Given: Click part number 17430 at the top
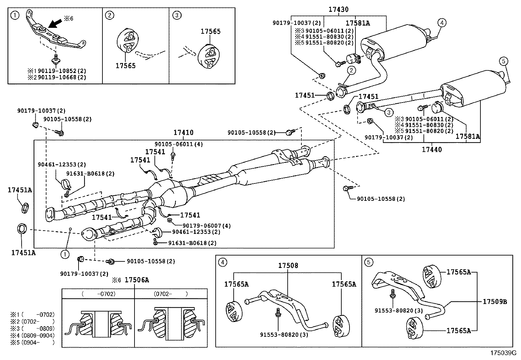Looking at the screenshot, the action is click(x=338, y=9).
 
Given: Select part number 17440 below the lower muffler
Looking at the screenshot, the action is click(x=432, y=149).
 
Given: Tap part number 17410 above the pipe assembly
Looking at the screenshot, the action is click(x=184, y=132).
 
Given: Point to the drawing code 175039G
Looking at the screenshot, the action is click(x=503, y=353).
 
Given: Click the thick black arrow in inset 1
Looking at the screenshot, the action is click(x=55, y=24).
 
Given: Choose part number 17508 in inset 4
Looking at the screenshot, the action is click(x=288, y=265).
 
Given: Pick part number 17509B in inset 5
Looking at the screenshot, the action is click(x=495, y=302).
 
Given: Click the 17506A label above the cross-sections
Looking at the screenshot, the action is click(x=137, y=280).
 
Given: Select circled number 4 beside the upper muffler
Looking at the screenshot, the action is click(x=442, y=23).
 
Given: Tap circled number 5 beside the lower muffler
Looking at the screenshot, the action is click(x=504, y=61).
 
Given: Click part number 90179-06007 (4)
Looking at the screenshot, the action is click(x=207, y=226).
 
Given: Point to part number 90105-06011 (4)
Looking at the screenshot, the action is click(x=179, y=144).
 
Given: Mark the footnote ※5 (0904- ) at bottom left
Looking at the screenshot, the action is click(x=32, y=343).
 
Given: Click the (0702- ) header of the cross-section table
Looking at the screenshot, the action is click(x=171, y=294).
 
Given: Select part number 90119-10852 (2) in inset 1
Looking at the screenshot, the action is click(x=62, y=71).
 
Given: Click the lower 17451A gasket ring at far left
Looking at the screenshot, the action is click(x=22, y=229).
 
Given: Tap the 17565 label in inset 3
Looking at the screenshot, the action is click(x=210, y=31).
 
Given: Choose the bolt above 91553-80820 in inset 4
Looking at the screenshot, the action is click(x=278, y=313).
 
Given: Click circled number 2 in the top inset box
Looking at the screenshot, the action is click(x=110, y=15).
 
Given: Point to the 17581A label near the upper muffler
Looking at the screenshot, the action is click(x=358, y=23).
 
